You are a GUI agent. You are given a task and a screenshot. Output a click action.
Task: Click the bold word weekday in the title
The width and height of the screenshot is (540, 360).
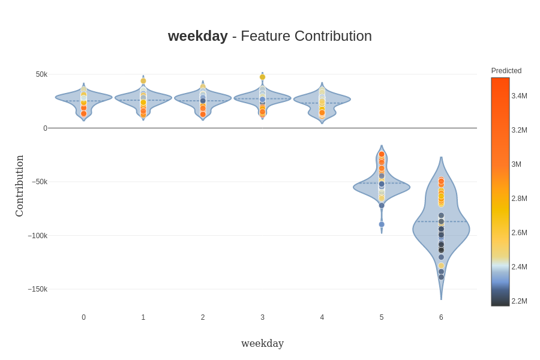(x=197, y=36)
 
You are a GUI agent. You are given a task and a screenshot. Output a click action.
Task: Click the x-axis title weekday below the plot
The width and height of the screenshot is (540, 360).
(x=262, y=343)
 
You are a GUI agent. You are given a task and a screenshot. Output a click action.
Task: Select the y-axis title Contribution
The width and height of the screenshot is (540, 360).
(x=19, y=186)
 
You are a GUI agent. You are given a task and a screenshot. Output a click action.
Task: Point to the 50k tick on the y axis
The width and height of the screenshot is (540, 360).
(x=41, y=74)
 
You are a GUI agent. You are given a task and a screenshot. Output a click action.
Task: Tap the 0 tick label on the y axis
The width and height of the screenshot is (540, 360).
(x=45, y=128)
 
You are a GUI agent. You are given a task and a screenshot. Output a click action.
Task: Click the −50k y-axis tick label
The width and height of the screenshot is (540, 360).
(x=40, y=182)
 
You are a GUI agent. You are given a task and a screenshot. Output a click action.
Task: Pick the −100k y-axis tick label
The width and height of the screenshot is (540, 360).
(x=38, y=236)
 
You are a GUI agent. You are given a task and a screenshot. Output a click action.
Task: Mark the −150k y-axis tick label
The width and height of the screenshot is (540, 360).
(x=38, y=289)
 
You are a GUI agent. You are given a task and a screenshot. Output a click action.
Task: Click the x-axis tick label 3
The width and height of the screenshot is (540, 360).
(x=262, y=317)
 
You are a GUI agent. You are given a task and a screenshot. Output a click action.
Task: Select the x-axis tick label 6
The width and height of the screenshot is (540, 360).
(x=441, y=317)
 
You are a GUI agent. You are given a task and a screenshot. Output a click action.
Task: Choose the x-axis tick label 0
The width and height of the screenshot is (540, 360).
(x=83, y=317)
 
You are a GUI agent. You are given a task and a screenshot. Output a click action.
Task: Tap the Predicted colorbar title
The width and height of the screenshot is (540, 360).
(x=506, y=71)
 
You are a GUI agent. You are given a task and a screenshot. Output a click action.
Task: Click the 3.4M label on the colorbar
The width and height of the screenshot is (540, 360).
(x=519, y=96)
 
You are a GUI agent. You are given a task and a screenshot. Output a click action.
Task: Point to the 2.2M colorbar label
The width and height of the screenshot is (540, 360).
(x=519, y=301)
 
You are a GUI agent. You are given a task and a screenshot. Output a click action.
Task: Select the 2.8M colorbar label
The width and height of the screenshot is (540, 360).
(x=519, y=199)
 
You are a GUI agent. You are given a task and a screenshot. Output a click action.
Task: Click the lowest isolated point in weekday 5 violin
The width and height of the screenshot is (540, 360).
(x=382, y=224)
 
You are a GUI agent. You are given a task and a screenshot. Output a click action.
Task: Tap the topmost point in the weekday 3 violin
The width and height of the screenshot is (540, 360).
(x=262, y=77)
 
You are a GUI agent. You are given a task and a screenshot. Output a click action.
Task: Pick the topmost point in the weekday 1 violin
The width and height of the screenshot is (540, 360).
(x=143, y=81)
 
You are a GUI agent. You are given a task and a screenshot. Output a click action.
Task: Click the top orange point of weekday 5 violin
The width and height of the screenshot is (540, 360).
(x=382, y=154)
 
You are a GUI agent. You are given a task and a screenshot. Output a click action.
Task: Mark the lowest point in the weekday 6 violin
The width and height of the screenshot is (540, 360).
(x=441, y=277)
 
